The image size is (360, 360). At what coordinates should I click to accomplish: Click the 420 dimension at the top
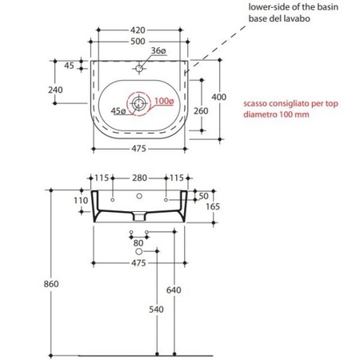coord(138,30)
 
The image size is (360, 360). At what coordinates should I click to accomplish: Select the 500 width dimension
coord(138,42)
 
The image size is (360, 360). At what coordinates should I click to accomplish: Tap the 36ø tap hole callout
coord(158,50)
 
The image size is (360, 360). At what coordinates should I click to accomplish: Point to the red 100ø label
coord(164,101)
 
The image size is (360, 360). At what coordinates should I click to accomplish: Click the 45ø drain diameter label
coord(118,111)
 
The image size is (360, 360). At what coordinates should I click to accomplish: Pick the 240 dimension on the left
coord(55,90)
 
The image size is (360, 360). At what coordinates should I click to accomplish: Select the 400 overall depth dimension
coord(219,97)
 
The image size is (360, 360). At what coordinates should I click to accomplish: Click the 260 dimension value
coord(201,111)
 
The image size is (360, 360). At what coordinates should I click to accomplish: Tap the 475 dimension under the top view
coord(138,149)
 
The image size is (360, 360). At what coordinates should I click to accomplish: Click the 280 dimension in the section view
coord(140,178)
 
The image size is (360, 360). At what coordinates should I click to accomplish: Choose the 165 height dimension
coord(213,206)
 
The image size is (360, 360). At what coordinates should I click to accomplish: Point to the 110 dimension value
coord(81,201)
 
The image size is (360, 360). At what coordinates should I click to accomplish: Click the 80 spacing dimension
coord(138,243)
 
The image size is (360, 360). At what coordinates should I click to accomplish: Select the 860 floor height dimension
coord(51,284)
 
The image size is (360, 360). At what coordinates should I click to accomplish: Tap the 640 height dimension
coord(174,290)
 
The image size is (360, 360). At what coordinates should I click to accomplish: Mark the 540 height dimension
coord(156,310)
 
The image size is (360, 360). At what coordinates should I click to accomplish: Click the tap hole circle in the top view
coord(139,69)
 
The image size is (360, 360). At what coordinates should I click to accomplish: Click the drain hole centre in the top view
coord(138,103)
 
